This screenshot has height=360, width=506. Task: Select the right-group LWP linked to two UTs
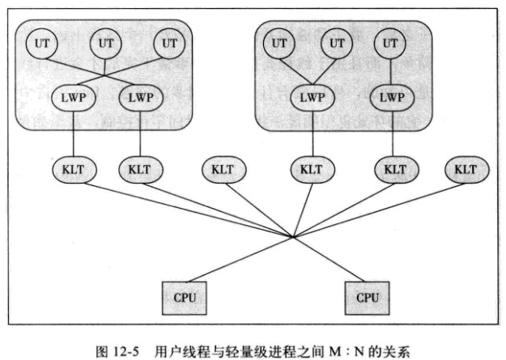tap(309, 97)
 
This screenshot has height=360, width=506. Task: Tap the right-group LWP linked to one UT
tap(391, 97)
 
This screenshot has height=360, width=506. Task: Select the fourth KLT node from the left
tap(309, 170)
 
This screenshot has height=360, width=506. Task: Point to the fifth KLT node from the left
tap(394, 170)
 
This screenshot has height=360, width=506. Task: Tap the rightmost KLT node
tap(465, 170)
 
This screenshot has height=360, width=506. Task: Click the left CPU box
tap(181, 298)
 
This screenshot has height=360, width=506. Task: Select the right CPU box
tap(366, 298)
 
